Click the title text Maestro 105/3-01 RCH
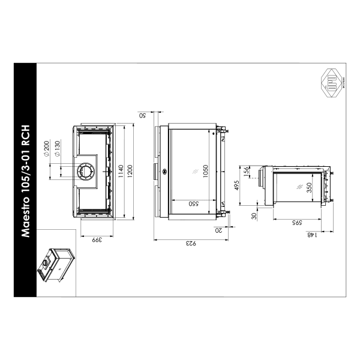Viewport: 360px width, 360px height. (26, 181)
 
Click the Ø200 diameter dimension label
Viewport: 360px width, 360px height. (46, 146)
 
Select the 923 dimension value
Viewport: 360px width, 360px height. (190, 244)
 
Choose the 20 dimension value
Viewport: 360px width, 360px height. (219, 229)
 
